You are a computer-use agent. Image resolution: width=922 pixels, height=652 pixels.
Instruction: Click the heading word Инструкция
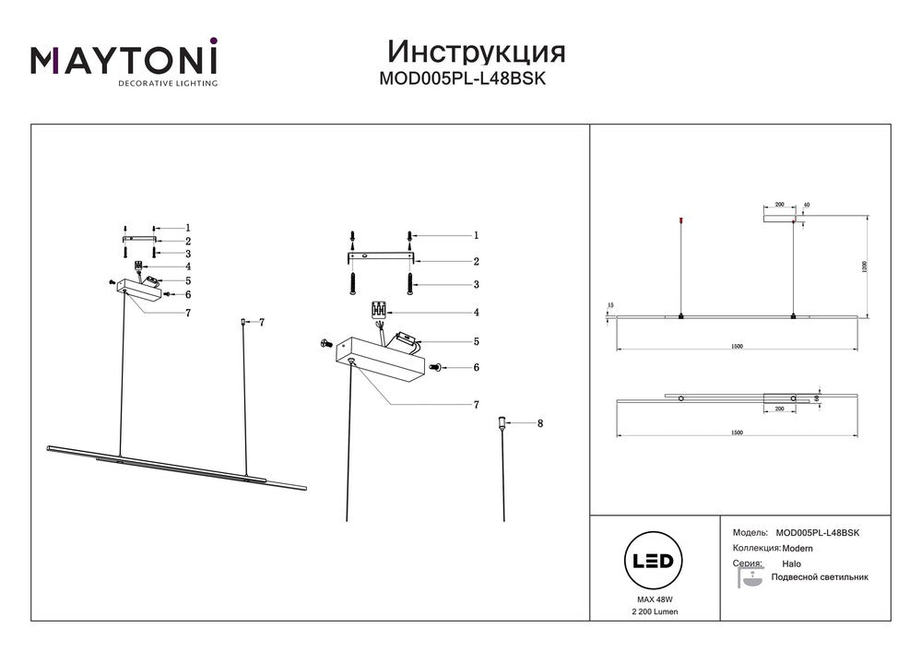(x=476, y=50)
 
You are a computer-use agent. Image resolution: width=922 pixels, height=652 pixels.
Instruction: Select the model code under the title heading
(x=463, y=79)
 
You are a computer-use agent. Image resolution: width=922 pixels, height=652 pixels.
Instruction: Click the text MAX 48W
(x=652, y=599)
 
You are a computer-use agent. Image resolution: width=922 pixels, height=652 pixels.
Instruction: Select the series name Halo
(x=791, y=563)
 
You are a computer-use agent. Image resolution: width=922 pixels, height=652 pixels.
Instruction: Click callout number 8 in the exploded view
(x=540, y=423)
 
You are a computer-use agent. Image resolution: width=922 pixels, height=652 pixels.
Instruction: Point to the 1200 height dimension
(x=864, y=267)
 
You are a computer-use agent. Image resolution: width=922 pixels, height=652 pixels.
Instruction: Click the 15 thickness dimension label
(x=609, y=304)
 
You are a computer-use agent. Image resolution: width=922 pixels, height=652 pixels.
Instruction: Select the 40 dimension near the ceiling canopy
(x=806, y=204)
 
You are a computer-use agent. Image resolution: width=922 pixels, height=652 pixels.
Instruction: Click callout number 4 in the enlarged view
(x=477, y=312)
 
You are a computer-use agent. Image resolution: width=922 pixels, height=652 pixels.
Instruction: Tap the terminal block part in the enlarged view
(x=378, y=310)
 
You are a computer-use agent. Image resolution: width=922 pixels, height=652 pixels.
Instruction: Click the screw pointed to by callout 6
(x=437, y=367)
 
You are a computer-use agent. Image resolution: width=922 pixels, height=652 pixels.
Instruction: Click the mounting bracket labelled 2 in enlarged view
(x=379, y=259)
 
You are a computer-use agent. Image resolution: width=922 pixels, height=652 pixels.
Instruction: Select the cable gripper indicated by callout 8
(x=502, y=424)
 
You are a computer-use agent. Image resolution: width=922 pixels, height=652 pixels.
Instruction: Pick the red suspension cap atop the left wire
(x=680, y=219)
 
